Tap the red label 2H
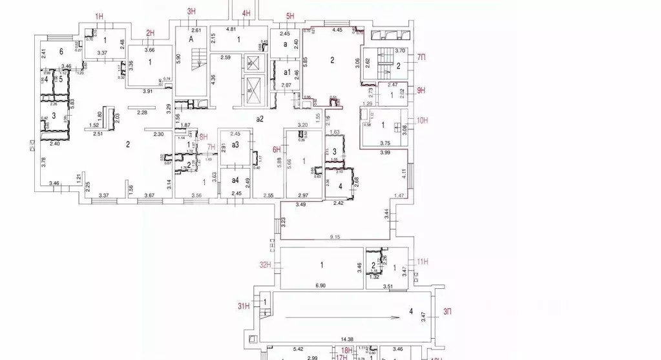[x=151, y=33]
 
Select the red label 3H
[x=191, y=12]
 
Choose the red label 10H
[x=423, y=120]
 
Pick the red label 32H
[x=264, y=264]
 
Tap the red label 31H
[x=243, y=306]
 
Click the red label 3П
[x=446, y=312]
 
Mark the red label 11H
[x=423, y=262]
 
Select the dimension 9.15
[x=334, y=237]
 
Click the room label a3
[x=235, y=145]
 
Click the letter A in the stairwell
[x=191, y=39]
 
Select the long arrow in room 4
[x=339, y=317]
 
